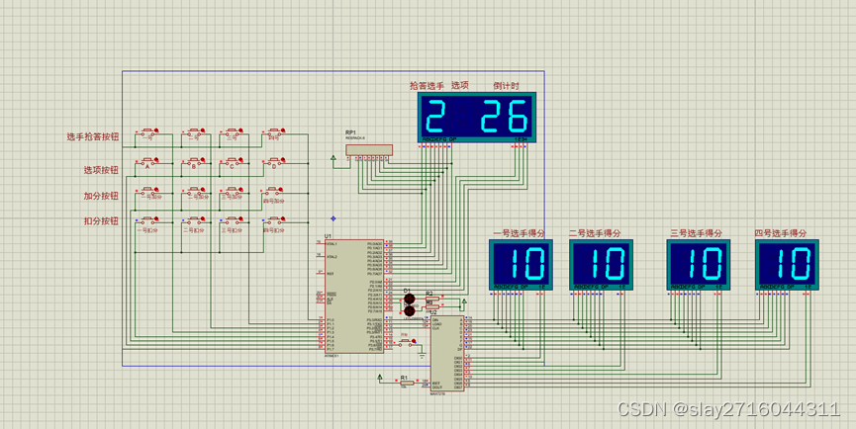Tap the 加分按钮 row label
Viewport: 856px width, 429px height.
[100, 196]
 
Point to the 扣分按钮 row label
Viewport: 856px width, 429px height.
[100, 221]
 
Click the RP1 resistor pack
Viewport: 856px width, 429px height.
[368, 150]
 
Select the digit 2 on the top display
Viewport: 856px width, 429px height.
[435, 118]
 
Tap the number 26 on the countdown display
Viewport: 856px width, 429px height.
[504, 118]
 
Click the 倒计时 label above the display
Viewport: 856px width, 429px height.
[506, 86]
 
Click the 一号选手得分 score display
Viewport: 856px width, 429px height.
[522, 264]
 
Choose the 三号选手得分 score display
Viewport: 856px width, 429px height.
[698, 264]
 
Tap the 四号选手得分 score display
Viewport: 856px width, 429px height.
[787, 264]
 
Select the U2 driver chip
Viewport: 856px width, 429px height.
[445, 352]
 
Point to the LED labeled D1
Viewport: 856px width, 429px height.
[408, 299]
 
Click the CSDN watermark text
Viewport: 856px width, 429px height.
[728, 409]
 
